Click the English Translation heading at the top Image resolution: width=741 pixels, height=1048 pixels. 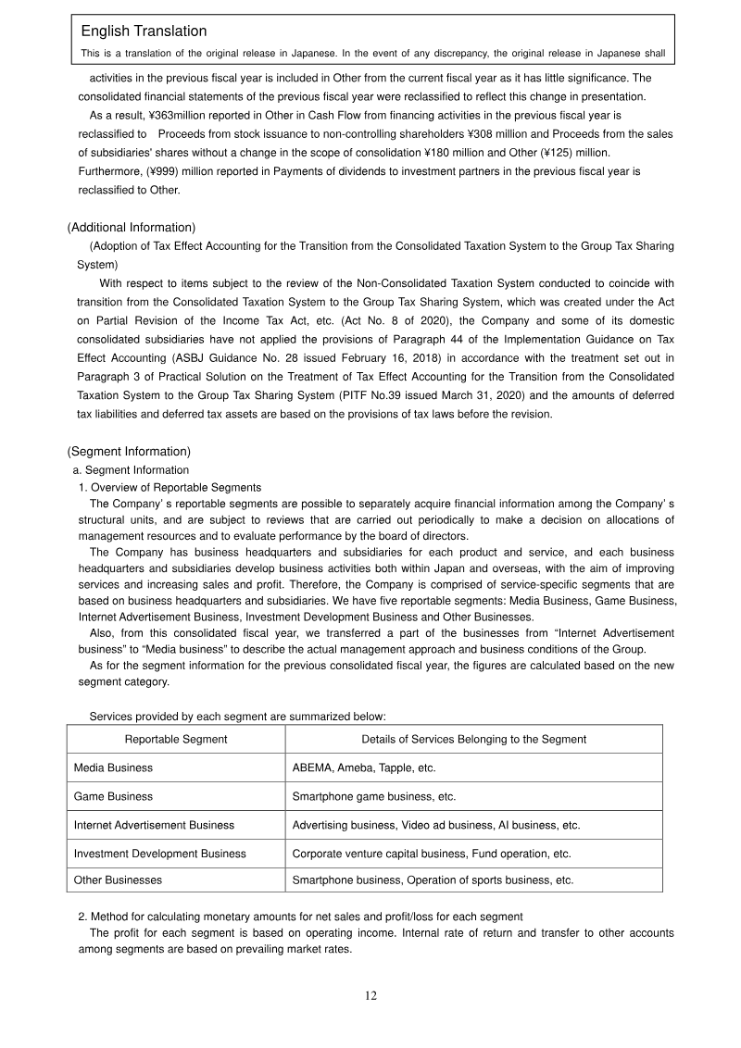(x=144, y=31)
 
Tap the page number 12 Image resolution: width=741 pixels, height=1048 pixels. (x=370, y=996)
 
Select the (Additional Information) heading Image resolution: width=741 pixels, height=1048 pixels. (x=131, y=228)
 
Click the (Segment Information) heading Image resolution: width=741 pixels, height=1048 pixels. (x=129, y=452)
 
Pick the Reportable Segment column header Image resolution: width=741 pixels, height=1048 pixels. (x=176, y=739)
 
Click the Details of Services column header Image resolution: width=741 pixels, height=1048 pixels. (x=473, y=739)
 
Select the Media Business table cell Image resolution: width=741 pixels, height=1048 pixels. (x=113, y=767)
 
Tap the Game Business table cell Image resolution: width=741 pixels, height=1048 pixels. (x=113, y=796)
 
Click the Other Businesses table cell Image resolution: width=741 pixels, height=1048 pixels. (x=118, y=880)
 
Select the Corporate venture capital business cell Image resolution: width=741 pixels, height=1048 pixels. (x=432, y=853)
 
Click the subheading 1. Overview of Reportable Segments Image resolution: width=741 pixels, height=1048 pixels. (x=170, y=488)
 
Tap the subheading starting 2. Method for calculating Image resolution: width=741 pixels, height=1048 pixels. (x=300, y=917)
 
